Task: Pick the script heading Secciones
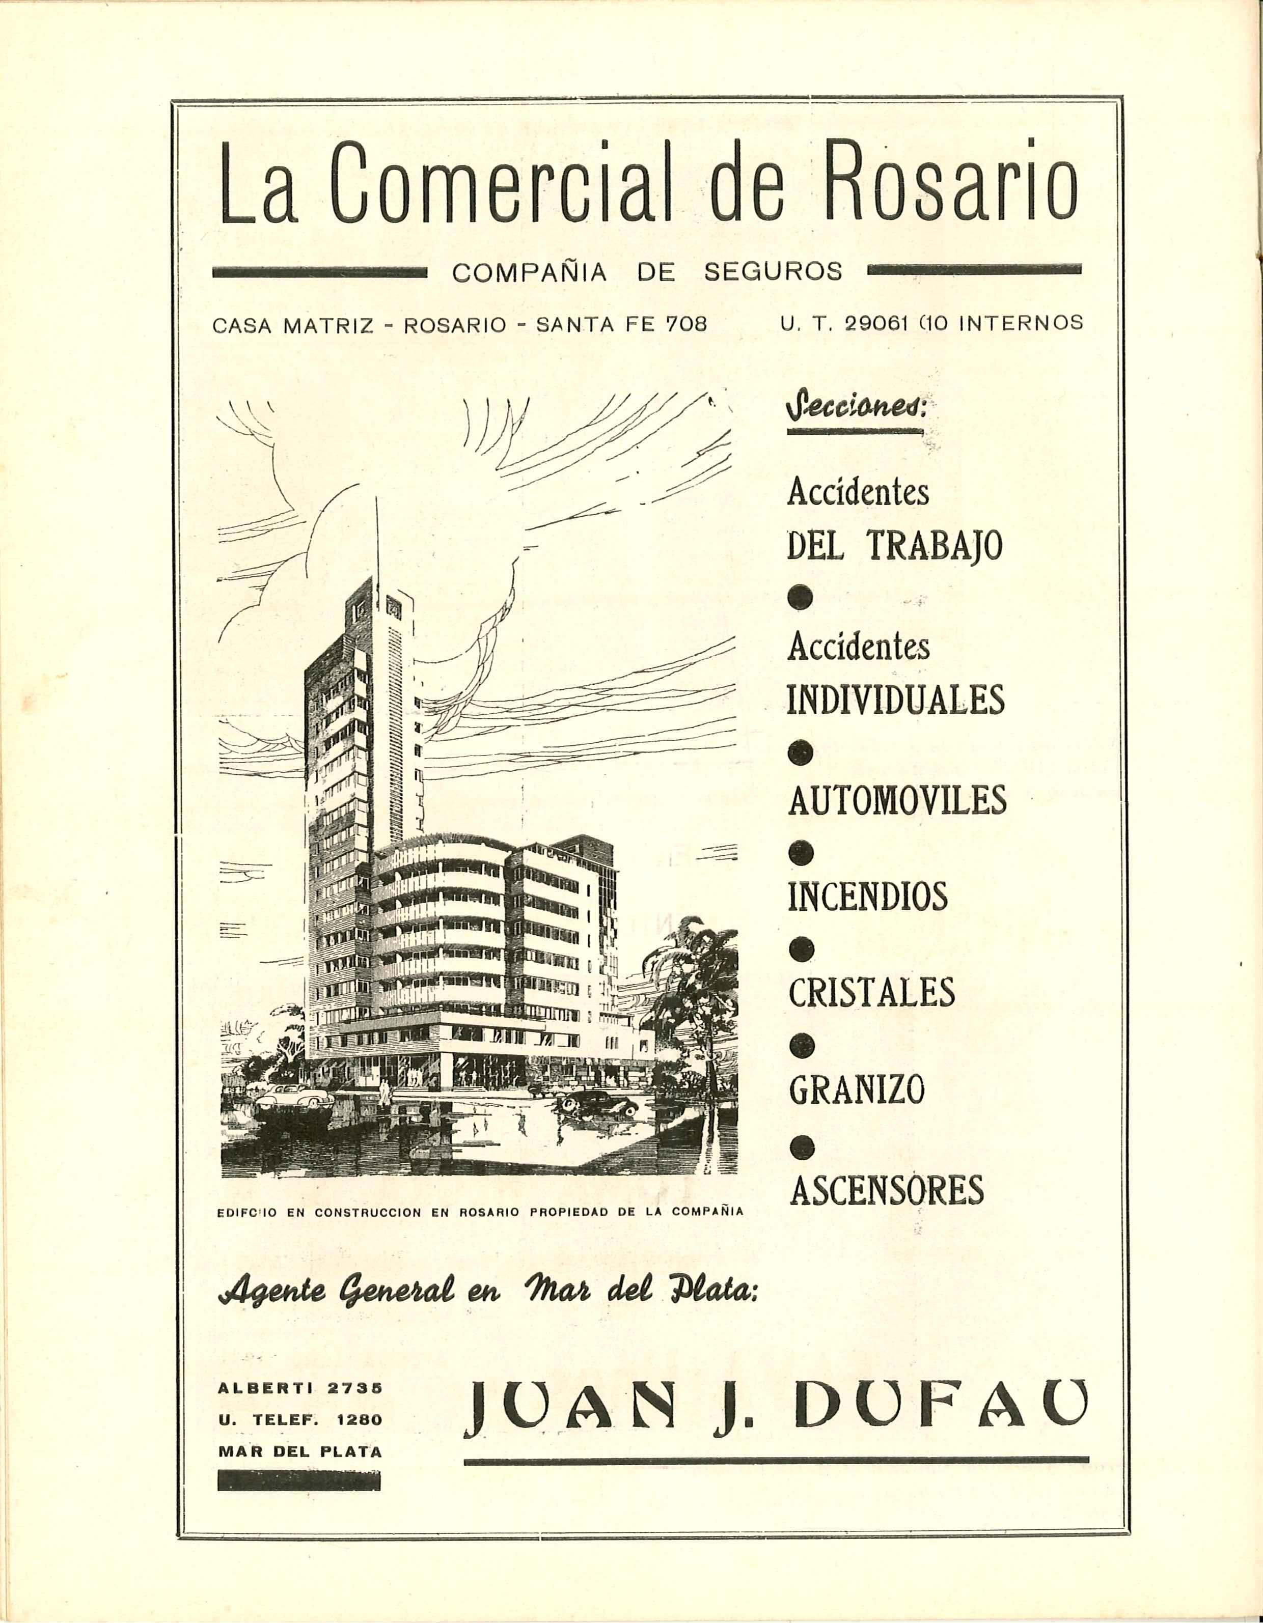click(855, 409)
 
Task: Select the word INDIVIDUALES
click(896, 699)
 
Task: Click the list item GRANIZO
click(857, 1090)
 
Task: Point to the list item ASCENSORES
click(886, 1189)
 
